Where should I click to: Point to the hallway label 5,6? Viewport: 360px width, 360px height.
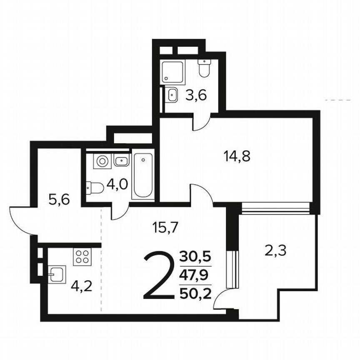(x=59, y=200)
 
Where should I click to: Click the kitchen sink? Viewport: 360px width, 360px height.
(x=56, y=275)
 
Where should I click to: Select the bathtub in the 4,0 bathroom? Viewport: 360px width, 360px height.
(x=142, y=175)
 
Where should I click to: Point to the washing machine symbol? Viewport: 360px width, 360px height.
(x=102, y=160)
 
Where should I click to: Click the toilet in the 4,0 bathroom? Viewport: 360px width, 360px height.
(x=95, y=188)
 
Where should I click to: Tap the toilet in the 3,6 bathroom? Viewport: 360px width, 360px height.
(x=205, y=68)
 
